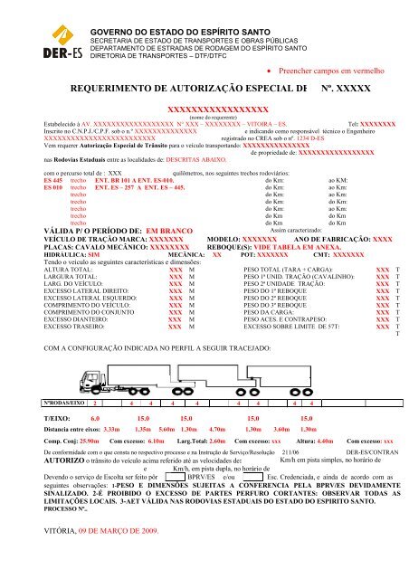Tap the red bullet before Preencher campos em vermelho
coord(273,68)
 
